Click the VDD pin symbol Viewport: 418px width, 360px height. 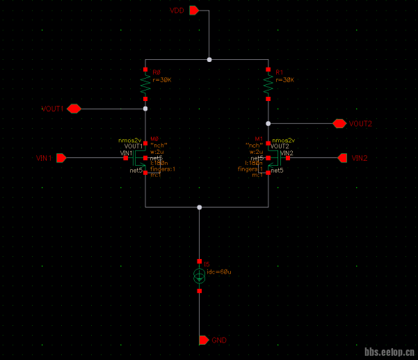pos(194,10)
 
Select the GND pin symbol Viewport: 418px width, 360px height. pos(204,340)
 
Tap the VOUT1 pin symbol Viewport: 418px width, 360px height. pos(74,109)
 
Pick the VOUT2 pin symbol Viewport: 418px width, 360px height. pos(339,123)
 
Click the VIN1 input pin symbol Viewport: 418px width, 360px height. pos(61,158)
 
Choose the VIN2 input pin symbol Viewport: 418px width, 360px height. pos(342,158)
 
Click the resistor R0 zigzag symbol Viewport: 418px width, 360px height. pos(145,85)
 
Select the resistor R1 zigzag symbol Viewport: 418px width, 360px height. pos(268,85)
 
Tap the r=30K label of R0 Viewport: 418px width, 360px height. pos(161,80)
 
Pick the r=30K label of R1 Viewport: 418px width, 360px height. pos(285,80)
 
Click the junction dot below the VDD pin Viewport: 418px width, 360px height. pos(209,60)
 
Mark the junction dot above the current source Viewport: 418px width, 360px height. pos(199,207)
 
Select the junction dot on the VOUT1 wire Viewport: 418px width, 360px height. pos(145,109)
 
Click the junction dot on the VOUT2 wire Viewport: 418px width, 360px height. pos(268,123)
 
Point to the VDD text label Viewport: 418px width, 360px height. pos(177,10)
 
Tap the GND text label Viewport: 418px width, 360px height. pos(220,340)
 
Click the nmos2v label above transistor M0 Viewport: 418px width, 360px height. pos(129,140)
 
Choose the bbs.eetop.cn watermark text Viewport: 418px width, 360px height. pos(389,352)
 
